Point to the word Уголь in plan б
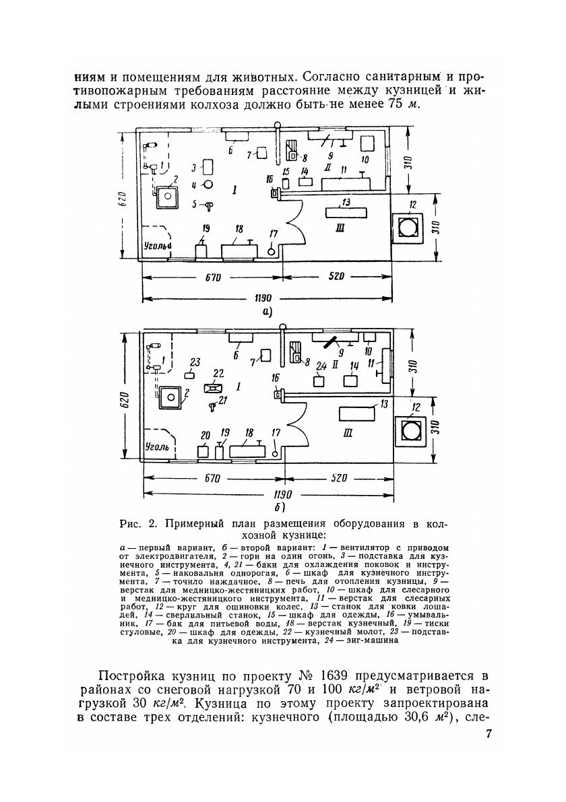pos(158,446)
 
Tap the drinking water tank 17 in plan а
pos(272,250)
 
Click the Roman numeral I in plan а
pos(232,192)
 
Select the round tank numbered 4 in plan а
pos(209,184)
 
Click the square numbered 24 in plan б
pos(320,380)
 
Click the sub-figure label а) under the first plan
pos(268,311)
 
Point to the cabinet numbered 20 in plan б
pos(202,451)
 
